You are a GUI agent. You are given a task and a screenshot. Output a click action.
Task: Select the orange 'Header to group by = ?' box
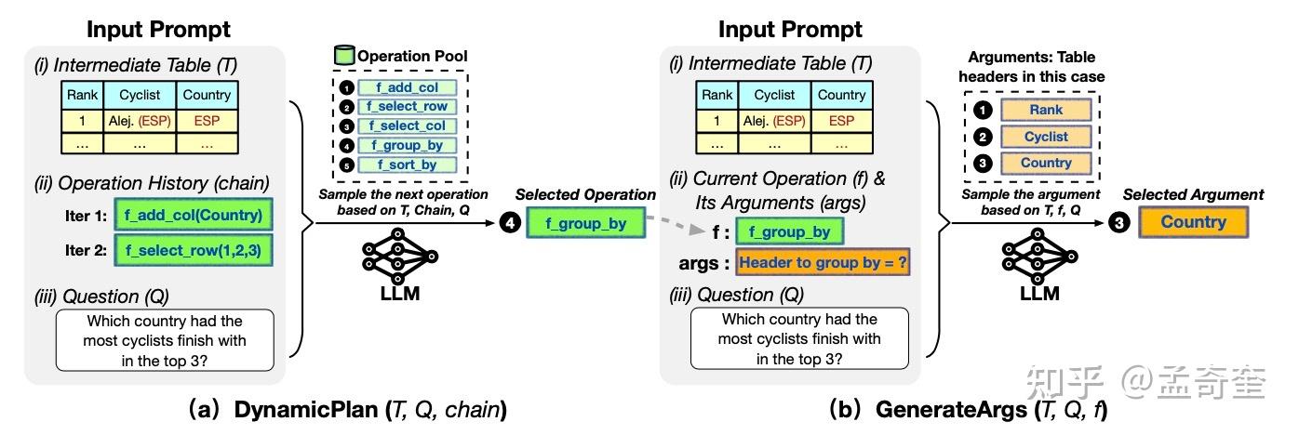(823, 262)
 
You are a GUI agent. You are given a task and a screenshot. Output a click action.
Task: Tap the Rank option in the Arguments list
(1046, 111)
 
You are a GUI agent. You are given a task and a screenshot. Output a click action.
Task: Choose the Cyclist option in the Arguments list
(1046, 137)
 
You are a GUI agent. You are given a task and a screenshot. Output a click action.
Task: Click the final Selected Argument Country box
(1193, 223)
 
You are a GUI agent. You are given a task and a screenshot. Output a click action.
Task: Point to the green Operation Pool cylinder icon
(342, 56)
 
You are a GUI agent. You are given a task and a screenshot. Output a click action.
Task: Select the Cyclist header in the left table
(139, 96)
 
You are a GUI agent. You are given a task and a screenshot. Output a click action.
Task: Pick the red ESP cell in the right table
(841, 121)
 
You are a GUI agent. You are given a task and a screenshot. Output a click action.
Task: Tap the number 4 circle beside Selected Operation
(507, 223)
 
